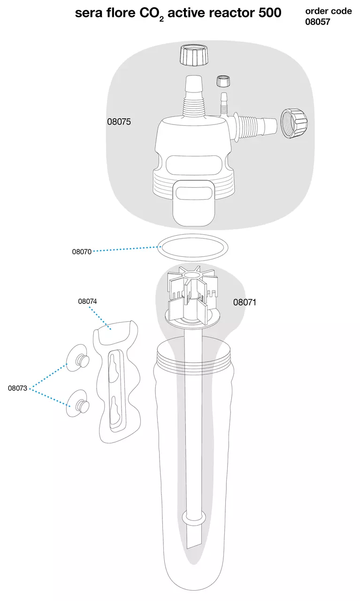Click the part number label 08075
coord(119,122)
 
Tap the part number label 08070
coord(82,252)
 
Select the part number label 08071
coord(245,302)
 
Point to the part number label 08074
coord(87,301)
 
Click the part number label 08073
coord(17,388)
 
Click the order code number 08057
coord(318,22)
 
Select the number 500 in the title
coord(270,13)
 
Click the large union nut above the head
coord(194,55)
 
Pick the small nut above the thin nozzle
coord(224,81)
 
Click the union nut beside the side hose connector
coord(294,123)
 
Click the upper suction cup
coord(77,358)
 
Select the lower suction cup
coord(77,403)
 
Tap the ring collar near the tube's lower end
coord(194,518)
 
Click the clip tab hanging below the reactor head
coord(194,203)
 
